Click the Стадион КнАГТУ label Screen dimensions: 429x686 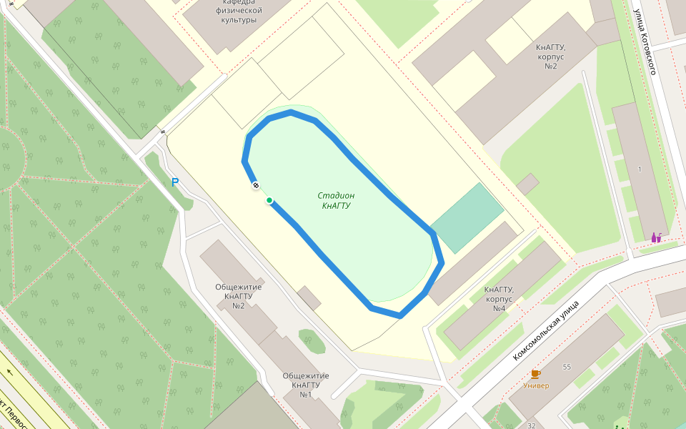pyautogui.click(x=336, y=200)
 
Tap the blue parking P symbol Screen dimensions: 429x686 pyautogui.click(x=175, y=182)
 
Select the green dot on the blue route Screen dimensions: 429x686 pyautogui.click(x=269, y=200)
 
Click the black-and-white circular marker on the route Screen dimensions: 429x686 pyautogui.click(x=255, y=186)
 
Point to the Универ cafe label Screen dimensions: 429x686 pyautogui.click(x=536, y=386)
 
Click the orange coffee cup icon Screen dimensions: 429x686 pyautogui.click(x=535, y=374)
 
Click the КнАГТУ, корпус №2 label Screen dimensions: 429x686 pyautogui.click(x=551, y=56)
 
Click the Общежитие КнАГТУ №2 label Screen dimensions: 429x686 pyautogui.click(x=239, y=296)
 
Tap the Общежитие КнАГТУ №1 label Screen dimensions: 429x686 pyautogui.click(x=306, y=385)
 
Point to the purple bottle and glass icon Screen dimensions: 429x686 pyautogui.click(x=656, y=237)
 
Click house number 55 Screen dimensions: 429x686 pyautogui.click(x=567, y=367)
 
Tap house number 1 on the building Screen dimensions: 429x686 pyautogui.click(x=640, y=169)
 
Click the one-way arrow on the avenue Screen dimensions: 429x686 pyautogui.click(x=10, y=372)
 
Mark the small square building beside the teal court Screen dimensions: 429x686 pyautogui.click(x=527, y=184)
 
